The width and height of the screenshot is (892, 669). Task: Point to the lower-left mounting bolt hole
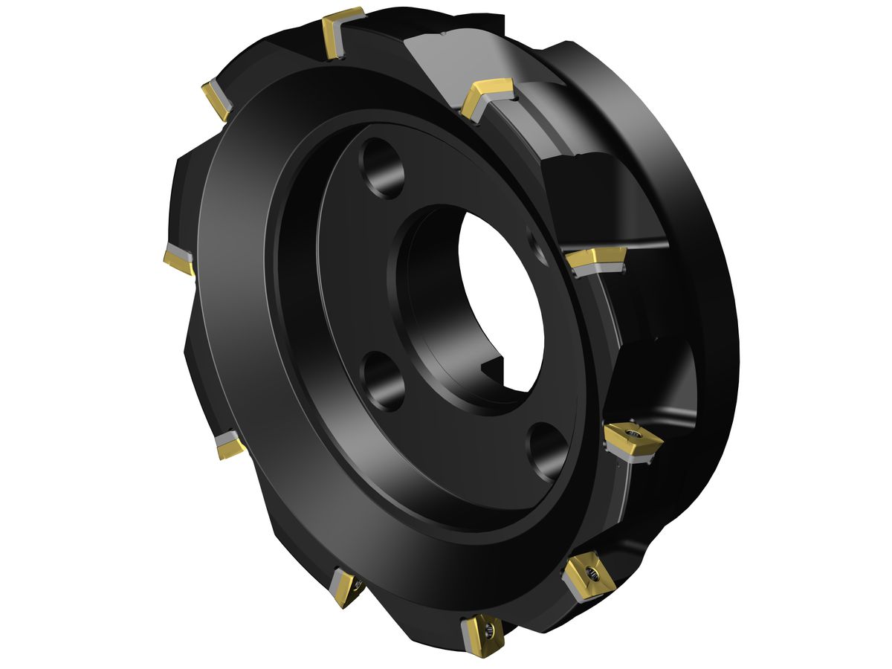[x=384, y=380]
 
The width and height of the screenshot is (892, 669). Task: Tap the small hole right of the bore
[x=537, y=244]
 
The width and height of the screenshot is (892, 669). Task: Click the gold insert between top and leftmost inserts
[x=216, y=97]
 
